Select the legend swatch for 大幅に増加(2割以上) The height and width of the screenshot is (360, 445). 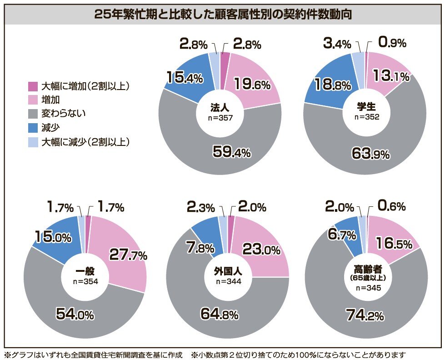[33, 86]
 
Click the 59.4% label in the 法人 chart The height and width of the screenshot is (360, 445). [232, 152]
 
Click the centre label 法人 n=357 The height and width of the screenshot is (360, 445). [220, 112]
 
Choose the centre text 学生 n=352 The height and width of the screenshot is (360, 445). [366, 112]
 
